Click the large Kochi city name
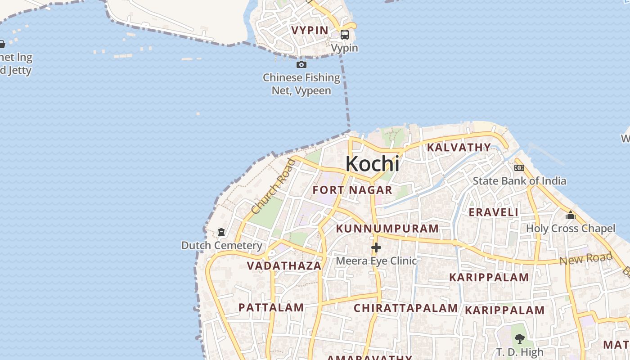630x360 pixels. pos(372,164)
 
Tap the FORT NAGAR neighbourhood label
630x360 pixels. pos(352,190)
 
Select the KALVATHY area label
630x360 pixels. pos(459,147)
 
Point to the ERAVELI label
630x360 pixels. pos(494,212)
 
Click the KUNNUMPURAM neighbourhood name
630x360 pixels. pos(387,228)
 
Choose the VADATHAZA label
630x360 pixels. pos(284,265)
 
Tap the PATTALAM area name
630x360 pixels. pos(271,307)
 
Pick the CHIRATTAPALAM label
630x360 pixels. pos(405,308)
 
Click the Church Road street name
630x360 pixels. pos(274,186)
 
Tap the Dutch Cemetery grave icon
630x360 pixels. pos(221,232)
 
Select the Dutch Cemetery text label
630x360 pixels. pos(221,245)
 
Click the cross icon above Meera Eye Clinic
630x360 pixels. pos(376,247)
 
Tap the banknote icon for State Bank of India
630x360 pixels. pos(519,168)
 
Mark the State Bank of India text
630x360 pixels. pos(519,181)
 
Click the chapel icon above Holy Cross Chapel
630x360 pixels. pos(571,215)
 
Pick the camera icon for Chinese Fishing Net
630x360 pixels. pos(301,65)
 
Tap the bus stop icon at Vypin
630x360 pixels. pos(345,35)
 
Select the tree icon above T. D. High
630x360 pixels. pos(520,338)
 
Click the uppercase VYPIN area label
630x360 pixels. pos(310,30)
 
